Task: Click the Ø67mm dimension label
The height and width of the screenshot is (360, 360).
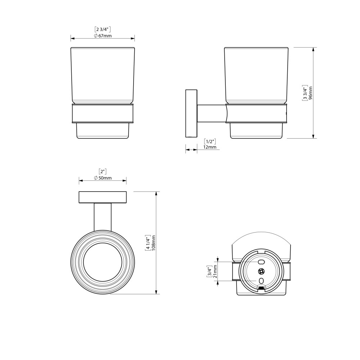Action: (103, 36)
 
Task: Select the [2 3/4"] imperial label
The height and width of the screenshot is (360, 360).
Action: (103, 29)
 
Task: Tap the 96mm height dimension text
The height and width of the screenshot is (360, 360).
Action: (311, 93)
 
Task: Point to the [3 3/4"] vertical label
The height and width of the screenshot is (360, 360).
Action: (305, 93)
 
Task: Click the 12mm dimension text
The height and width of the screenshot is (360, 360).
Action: (210, 147)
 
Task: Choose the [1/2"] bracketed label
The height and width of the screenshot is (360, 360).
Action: (210, 141)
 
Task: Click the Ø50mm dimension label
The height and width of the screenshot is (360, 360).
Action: (103, 178)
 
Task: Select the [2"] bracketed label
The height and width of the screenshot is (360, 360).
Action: (103, 171)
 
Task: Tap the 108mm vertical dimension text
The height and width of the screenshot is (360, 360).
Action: (154, 243)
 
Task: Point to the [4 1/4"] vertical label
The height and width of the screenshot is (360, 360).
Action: (148, 243)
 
